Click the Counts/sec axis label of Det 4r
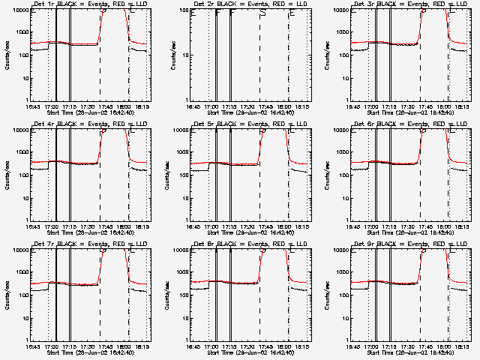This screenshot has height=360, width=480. [8, 175]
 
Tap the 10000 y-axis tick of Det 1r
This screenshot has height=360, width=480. [19, 10]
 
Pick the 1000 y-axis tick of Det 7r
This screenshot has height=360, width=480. [22, 272]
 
